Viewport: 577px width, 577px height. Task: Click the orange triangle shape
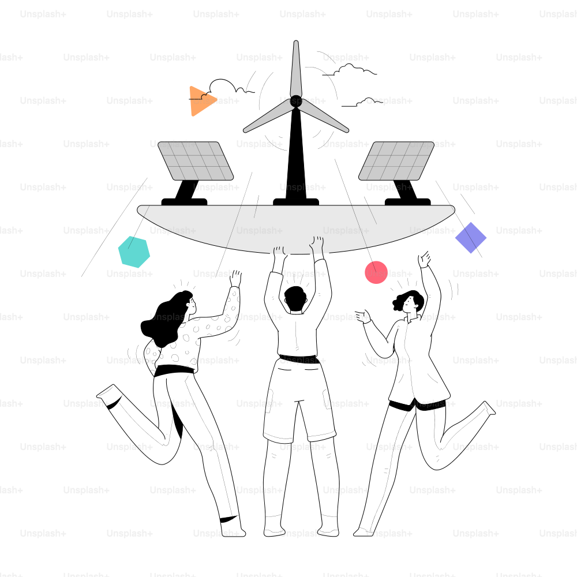pyautogui.click(x=200, y=101)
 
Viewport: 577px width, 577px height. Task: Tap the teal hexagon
pyautogui.click(x=134, y=252)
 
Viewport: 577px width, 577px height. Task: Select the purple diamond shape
pyautogui.click(x=471, y=238)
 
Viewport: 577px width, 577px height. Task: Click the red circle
pyautogui.click(x=376, y=272)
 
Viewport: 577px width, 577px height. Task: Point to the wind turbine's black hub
pyautogui.click(x=296, y=101)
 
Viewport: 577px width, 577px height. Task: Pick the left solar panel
pyautogui.click(x=196, y=161)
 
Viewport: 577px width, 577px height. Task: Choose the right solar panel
pyautogui.click(x=396, y=161)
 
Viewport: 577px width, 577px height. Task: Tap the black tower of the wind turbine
pyautogui.click(x=296, y=155)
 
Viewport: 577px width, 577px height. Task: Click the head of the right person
pyautogui.click(x=409, y=302)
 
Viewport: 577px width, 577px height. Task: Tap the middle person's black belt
pyautogui.click(x=298, y=359)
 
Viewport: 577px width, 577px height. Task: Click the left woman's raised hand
pyautogui.click(x=235, y=279)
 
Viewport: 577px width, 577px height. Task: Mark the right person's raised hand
pyautogui.click(x=424, y=259)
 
